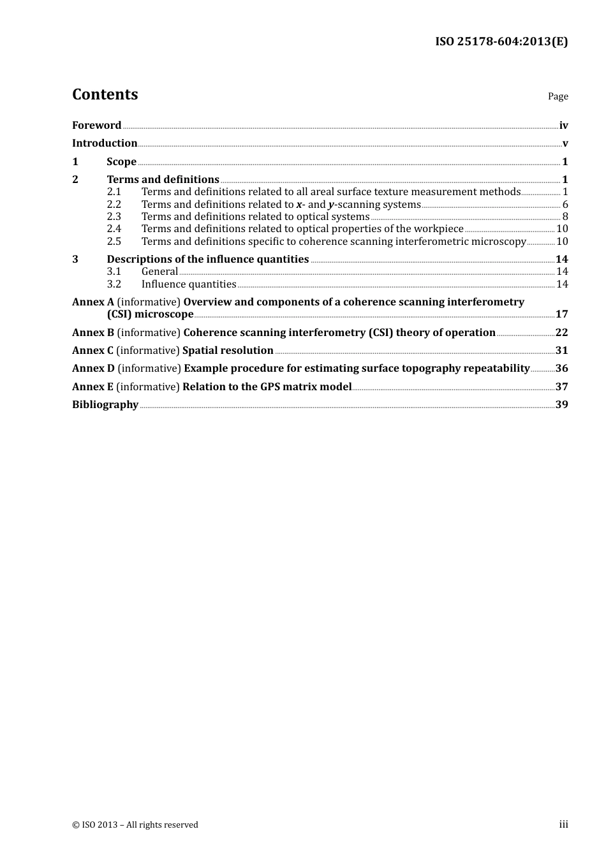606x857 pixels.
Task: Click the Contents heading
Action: (x=105, y=94)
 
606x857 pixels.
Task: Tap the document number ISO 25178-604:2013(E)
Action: (x=501, y=42)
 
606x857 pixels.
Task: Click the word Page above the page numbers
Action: (x=558, y=96)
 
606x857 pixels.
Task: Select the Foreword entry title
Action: (x=96, y=126)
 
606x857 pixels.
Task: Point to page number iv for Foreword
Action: (x=563, y=126)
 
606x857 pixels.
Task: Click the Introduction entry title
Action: (x=105, y=143)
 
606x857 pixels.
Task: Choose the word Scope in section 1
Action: (x=121, y=162)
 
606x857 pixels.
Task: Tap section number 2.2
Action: (x=114, y=205)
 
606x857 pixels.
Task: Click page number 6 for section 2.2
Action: (x=565, y=205)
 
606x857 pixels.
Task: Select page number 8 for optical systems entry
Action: (x=565, y=217)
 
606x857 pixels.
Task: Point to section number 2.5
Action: (x=114, y=242)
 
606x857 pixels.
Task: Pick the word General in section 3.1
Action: (x=159, y=272)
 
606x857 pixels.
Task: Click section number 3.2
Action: (x=114, y=284)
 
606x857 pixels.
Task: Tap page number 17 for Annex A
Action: (x=561, y=314)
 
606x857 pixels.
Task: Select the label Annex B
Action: (x=93, y=333)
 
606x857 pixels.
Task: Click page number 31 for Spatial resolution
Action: (x=561, y=351)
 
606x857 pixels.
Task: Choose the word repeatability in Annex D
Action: (x=491, y=369)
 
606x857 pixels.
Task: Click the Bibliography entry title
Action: (x=105, y=405)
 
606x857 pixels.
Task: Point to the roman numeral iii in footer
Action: (x=563, y=824)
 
